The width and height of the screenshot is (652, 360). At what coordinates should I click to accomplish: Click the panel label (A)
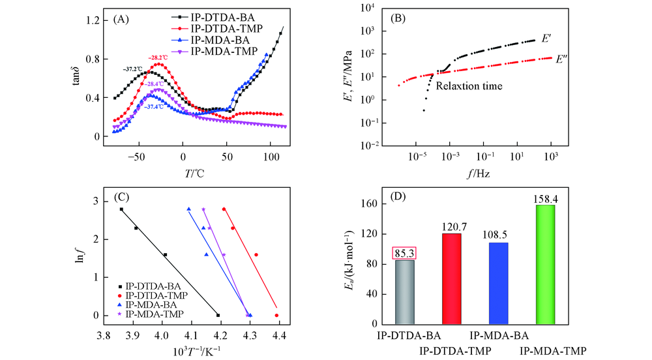click(121, 20)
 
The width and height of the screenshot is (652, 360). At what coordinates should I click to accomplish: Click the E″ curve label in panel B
click(562, 59)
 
